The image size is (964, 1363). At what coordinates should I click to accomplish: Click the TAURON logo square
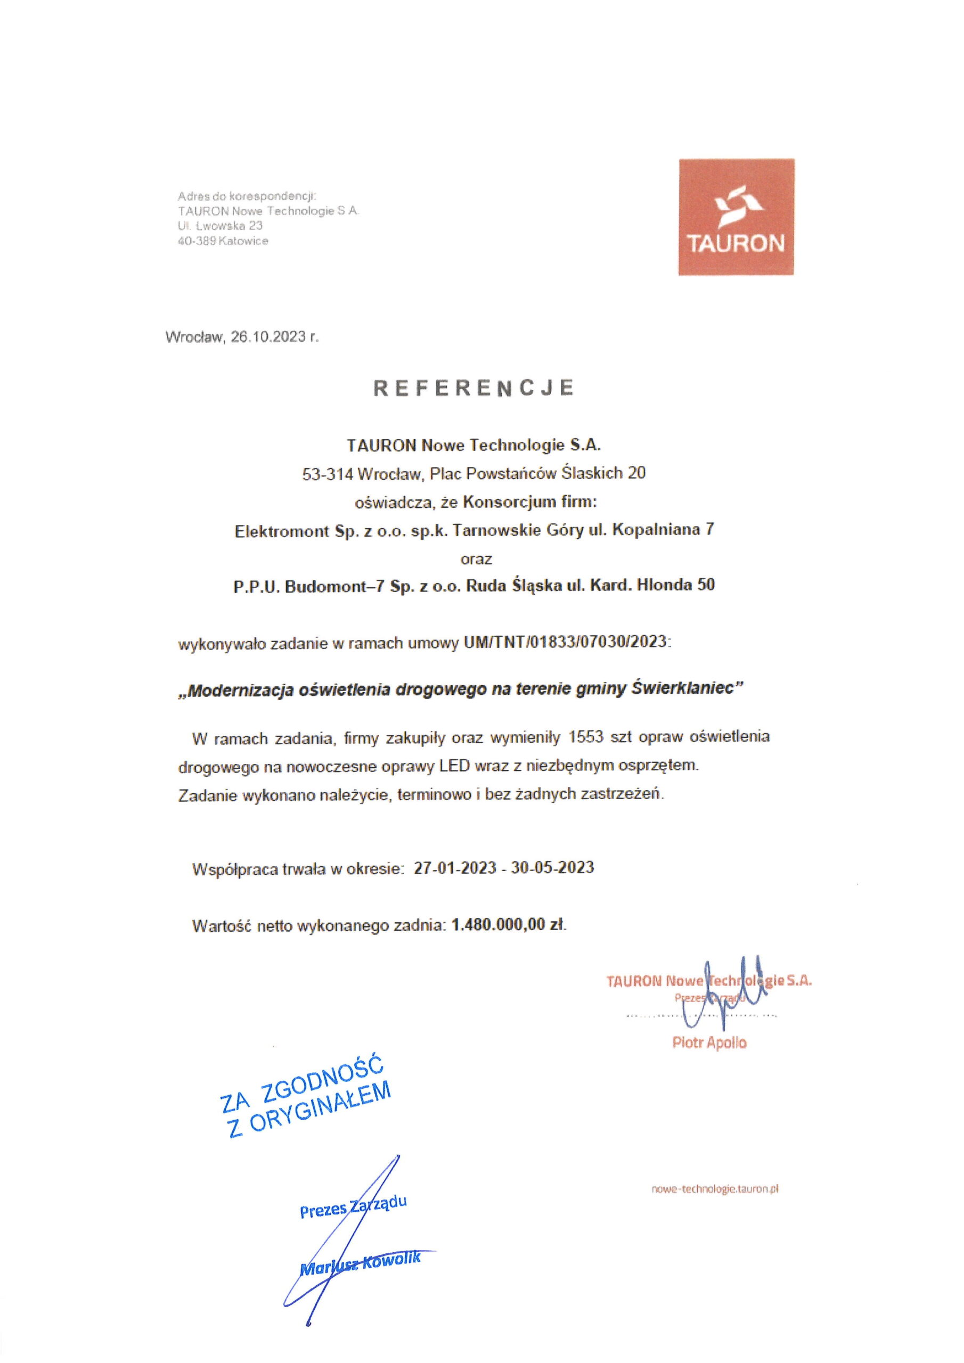(736, 217)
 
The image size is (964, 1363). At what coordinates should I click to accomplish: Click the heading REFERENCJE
(473, 388)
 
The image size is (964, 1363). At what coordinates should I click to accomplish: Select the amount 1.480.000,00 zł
(509, 925)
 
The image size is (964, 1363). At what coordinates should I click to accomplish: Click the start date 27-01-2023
(455, 867)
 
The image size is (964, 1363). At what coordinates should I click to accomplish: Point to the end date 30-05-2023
(552, 867)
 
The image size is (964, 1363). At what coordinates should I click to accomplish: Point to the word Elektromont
(282, 531)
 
